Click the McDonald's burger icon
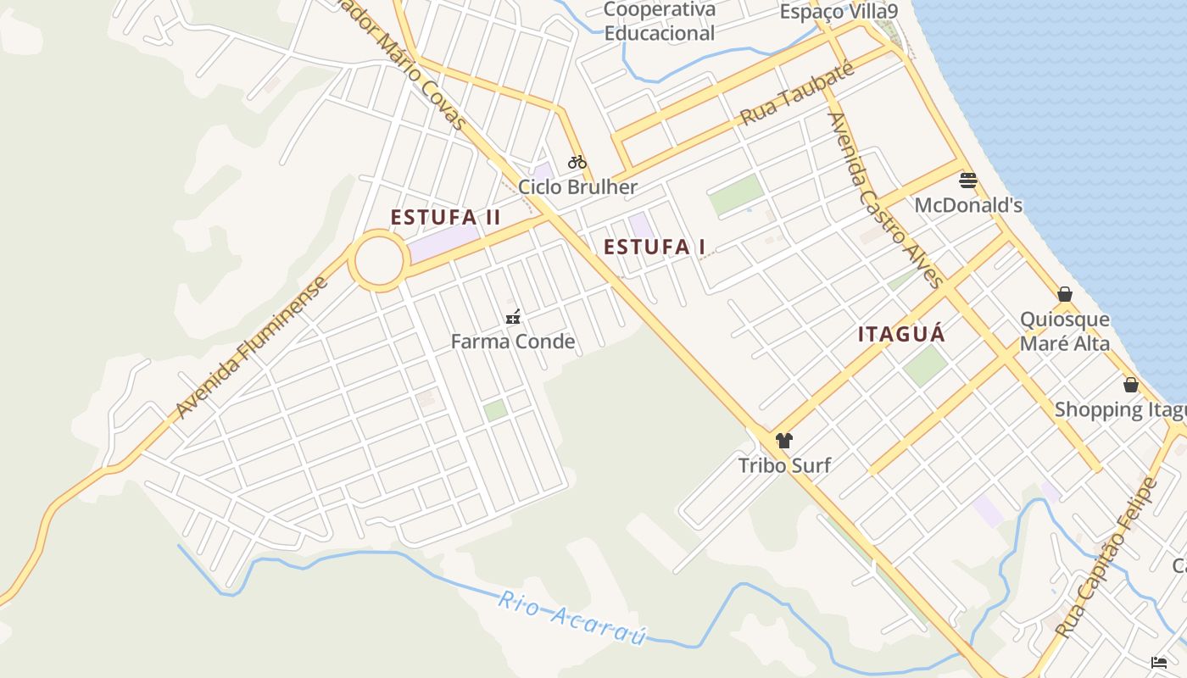(x=968, y=180)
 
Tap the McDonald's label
(x=968, y=206)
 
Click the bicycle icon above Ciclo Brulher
(x=577, y=162)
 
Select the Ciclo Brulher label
(x=577, y=187)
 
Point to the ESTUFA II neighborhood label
(x=446, y=218)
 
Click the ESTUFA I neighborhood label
(x=655, y=247)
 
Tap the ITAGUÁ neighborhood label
(x=901, y=334)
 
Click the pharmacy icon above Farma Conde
(x=512, y=318)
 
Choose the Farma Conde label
(x=513, y=342)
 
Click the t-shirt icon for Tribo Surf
(x=784, y=441)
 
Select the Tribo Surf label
(x=784, y=465)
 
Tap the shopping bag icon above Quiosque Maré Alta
(x=1065, y=294)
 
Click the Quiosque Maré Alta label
(x=1065, y=331)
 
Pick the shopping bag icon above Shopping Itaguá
(x=1131, y=385)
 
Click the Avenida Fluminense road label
(x=252, y=347)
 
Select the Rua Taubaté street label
(x=797, y=94)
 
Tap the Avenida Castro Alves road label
(x=885, y=200)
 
